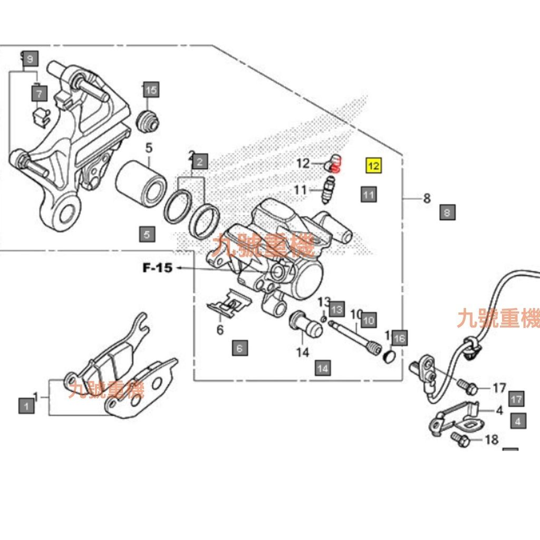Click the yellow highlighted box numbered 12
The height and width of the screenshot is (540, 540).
pyautogui.click(x=374, y=166)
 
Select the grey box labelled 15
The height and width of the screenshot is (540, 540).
pyautogui.click(x=151, y=90)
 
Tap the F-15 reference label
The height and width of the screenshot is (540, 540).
pyautogui.click(x=157, y=268)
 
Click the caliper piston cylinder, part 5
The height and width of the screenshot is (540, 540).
pyautogui.click(x=141, y=181)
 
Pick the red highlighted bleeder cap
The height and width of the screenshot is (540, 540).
pyautogui.click(x=337, y=164)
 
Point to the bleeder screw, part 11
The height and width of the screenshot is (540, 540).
pyautogui.click(x=328, y=191)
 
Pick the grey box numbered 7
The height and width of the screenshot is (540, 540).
pyautogui.click(x=40, y=93)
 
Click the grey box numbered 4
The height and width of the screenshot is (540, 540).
pyautogui.click(x=518, y=421)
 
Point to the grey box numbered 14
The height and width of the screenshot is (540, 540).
pyautogui.click(x=323, y=368)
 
